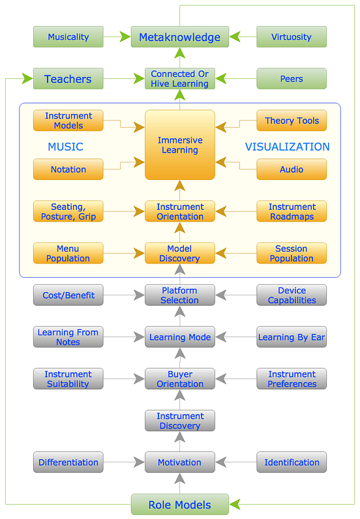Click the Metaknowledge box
[179, 37]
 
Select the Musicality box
[68, 37]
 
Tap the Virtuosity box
[292, 37]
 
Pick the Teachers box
[68, 79]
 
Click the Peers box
[292, 79]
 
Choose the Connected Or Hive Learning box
[179, 79]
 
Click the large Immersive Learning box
[179, 145]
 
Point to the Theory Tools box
[292, 121]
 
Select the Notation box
[68, 170]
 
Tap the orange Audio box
[292, 170]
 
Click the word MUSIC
[65, 147]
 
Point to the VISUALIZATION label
[287, 147]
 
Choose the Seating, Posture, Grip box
[68, 211]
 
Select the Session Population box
[292, 253]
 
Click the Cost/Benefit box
[68, 295]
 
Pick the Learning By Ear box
[292, 337]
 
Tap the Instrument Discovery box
[179, 421]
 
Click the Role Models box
[179, 504]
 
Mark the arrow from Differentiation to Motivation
[124, 462]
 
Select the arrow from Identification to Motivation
[235, 462]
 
